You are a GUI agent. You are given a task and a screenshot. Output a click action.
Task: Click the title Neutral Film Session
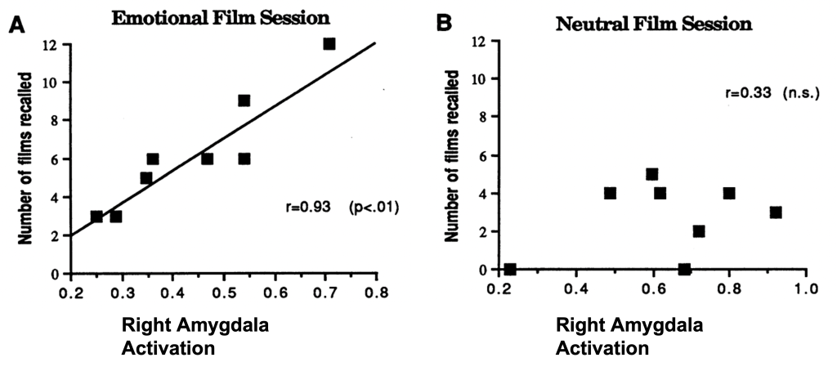653,23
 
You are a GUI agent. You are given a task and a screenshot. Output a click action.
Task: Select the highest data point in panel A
329,43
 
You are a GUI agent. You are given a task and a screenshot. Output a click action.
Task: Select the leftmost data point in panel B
510,269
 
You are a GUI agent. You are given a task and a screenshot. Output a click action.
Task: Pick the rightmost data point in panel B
776,212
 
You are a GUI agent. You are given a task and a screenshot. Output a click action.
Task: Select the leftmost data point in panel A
96,217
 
